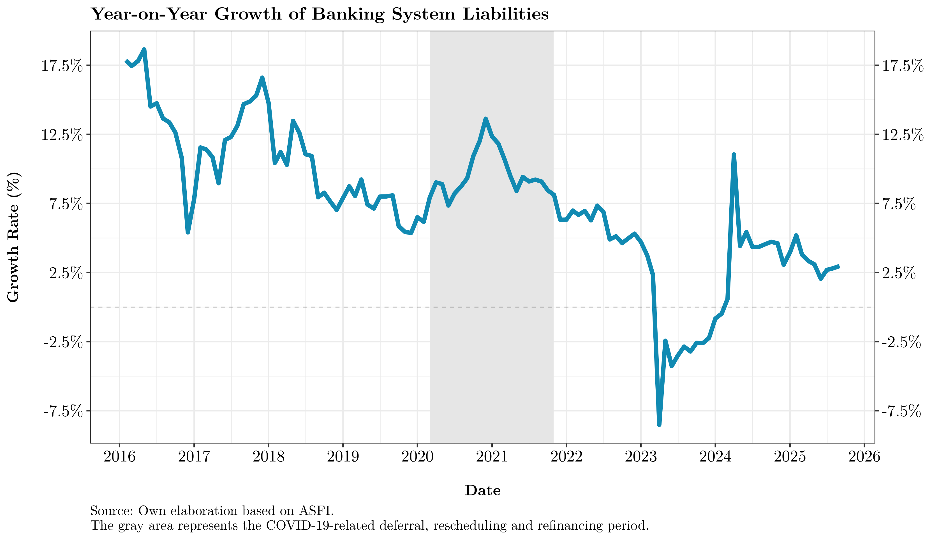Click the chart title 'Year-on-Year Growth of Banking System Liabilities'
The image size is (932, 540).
320,14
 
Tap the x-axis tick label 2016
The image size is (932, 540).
119,457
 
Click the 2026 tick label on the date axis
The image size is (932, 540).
864,457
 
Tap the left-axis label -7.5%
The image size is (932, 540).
63,411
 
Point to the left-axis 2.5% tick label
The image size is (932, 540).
66,273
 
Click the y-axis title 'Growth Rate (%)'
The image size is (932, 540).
13,237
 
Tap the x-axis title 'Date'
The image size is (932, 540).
482,490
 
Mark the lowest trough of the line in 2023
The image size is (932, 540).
659,425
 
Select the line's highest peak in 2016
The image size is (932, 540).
144,49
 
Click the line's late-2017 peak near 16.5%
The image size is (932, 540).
262,77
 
